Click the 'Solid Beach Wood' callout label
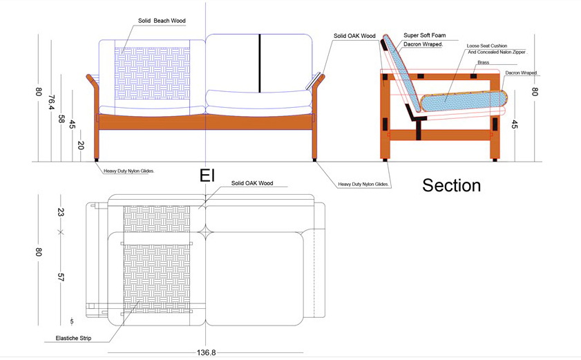(x=161, y=21)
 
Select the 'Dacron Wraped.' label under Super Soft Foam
(x=423, y=44)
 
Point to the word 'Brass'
(x=483, y=62)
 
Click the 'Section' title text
(x=451, y=185)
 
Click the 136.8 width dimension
(x=206, y=352)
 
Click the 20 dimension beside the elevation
(x=81, y=146)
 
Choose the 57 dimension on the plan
(x=61, y=277)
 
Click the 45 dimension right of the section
(x=514, y=124)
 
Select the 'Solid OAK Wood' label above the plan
(x=252, y=184)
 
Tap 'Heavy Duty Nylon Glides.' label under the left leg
(x=128, y=170)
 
